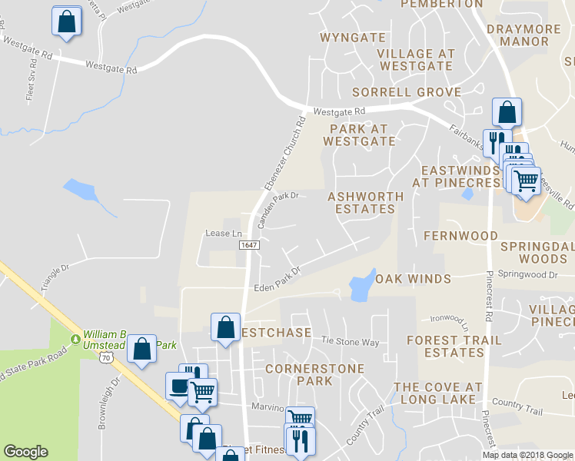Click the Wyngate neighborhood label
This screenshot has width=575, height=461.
pos(352,37)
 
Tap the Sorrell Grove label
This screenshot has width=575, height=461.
pos(407,92)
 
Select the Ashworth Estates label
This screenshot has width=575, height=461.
pos(365,203)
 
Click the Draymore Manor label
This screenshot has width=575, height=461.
pos(524,35)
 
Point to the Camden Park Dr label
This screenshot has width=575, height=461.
pos(277,209)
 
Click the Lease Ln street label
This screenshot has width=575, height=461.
pos(224,234)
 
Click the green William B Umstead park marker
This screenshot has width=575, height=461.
pos(76,338)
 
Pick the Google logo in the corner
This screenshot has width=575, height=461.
pos(25,452)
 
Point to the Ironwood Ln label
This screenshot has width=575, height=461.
pos(449,319)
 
